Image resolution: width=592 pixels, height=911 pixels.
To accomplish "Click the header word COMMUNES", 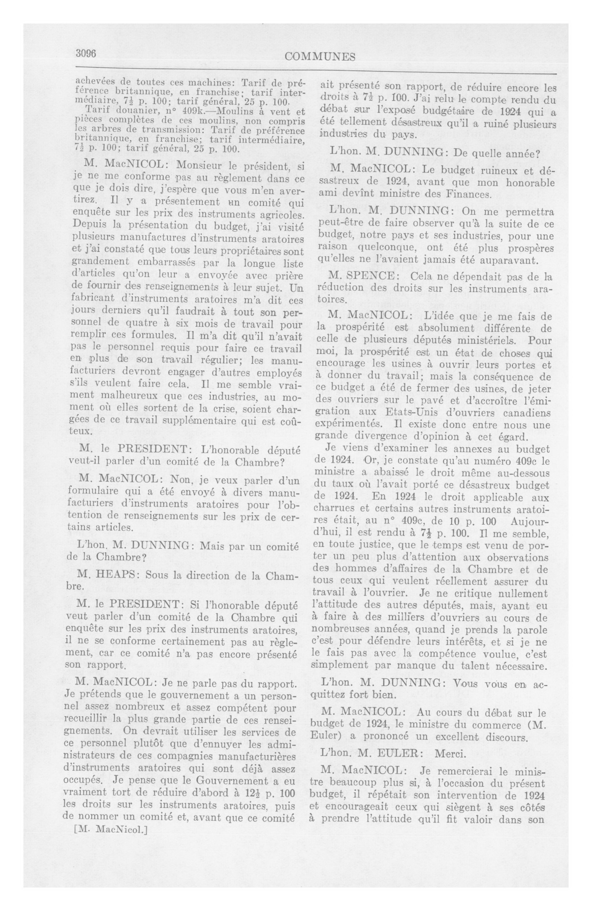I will [x=320, y=57].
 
